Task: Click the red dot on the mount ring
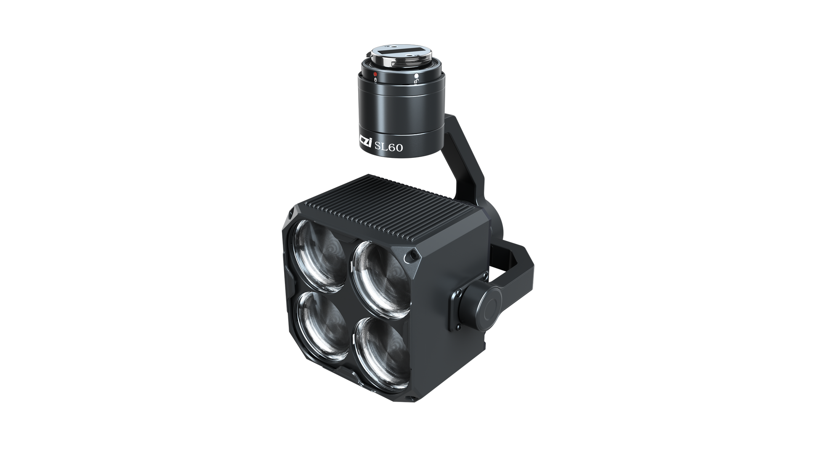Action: pyautogui.click(x=375, y=74)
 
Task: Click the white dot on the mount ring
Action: pyautogui.click(x=416, y=76)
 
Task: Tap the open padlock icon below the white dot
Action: pyautogui.click(x=416, y=82)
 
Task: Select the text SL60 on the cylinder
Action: pyautogui.click(x=389, y=147)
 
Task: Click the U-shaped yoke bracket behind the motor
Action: pyautogui.click(x=520, y=261)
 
